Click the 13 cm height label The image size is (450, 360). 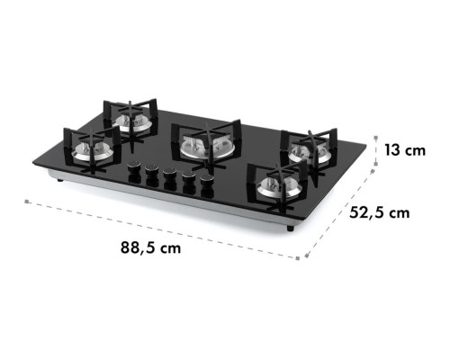coord(405,150)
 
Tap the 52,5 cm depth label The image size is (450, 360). coord(380,212)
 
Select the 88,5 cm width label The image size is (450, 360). coord(150,247)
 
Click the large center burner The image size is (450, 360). coord(207,148)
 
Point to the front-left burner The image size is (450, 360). coord(93,150)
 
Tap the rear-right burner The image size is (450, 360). coord(310,154)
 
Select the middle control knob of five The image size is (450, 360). coord(169,173)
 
